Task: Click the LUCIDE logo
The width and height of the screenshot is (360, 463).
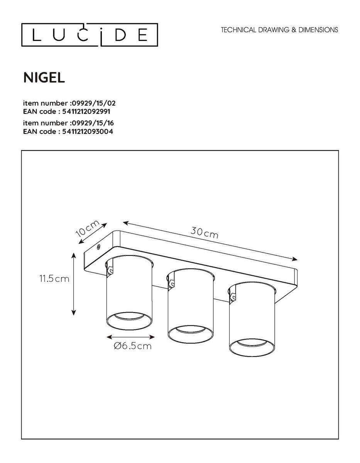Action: click(89, 35)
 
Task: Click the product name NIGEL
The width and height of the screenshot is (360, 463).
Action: click(44, 78)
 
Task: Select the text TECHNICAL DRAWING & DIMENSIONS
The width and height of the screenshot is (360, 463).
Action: click(279, 30)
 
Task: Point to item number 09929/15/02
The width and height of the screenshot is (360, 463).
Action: click(69, 103)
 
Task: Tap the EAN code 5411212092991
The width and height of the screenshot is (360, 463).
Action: click(69, 111)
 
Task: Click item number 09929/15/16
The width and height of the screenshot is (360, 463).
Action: click(69, 123)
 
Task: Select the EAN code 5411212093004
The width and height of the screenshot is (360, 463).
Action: click(69, 131)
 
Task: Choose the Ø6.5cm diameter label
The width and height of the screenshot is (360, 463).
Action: click(133, 346)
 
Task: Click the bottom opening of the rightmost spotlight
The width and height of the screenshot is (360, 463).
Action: click(252, 345)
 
